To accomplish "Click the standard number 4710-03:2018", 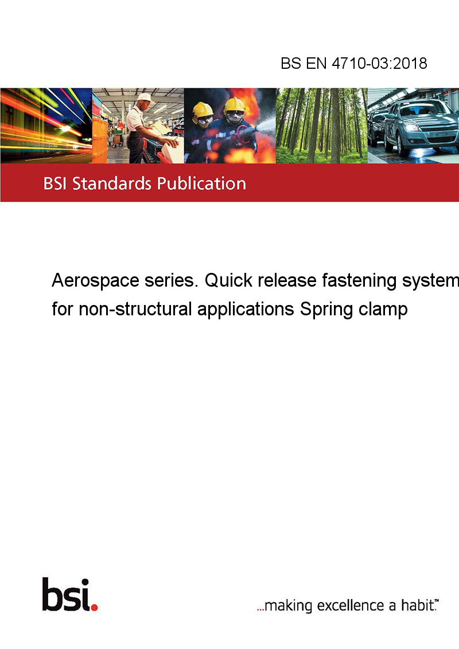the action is pyautogui.click(x=379, y=63).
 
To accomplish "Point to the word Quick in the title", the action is pyautogui.click(x=229, y=280).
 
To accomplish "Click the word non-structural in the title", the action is pyautogui.click(x=135, y=310).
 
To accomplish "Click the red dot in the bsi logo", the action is pyautogui.click(x=94, y=607).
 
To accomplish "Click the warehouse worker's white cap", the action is pyautogui.click(x=145, y=97).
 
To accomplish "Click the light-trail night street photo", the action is pyautogui.click(x=46, y=126).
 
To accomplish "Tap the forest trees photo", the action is pyautogui.click(x=321, y=126).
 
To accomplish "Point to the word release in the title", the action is pyautogui.click(x=287, y=280).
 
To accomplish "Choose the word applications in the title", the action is pyautogui.click(x=246, y=310).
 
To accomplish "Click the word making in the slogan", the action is pyautogui.click(x=288, y=606).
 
